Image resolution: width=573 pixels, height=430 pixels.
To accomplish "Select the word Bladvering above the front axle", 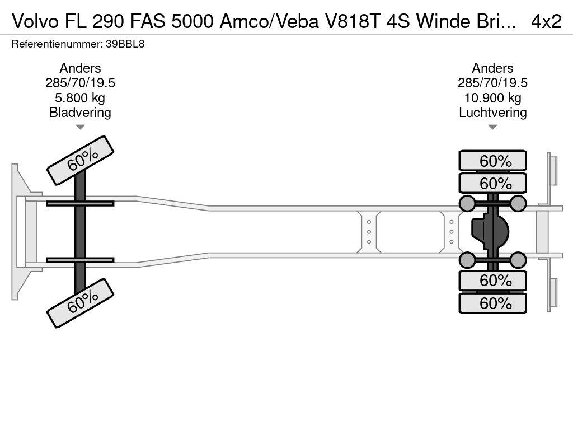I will [x=80, y=112].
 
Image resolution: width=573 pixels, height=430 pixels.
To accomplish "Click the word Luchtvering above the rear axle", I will [x=492, y=112].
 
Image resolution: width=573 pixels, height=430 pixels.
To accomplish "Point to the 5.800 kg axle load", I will [x=80, y=98].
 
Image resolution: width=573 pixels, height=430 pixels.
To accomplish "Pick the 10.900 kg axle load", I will [x=492, y=98].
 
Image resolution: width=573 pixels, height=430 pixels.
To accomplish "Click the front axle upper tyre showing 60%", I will [x=80, y=160].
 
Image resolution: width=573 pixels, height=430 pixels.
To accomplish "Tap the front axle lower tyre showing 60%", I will [x=80, y=302].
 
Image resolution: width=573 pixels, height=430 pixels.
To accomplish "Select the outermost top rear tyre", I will [x=492, y=161].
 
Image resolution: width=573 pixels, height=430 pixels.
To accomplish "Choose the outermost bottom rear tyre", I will [x=492, y=303].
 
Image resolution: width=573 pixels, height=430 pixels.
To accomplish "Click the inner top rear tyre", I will [x=492, y=183].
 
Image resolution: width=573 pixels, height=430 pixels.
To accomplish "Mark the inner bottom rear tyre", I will [x=492, y=280].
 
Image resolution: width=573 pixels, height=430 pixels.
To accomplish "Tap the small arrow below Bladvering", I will [x=80, y=127].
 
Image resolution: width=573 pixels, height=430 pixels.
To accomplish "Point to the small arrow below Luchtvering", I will [x=492, y=127].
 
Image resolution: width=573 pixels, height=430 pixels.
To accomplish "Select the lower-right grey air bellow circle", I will [x=518, y=260].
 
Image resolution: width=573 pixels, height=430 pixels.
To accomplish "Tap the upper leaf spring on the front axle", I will [x=80, y=203].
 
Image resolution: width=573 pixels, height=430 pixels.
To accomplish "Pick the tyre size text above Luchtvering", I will [x=492, y=83].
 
